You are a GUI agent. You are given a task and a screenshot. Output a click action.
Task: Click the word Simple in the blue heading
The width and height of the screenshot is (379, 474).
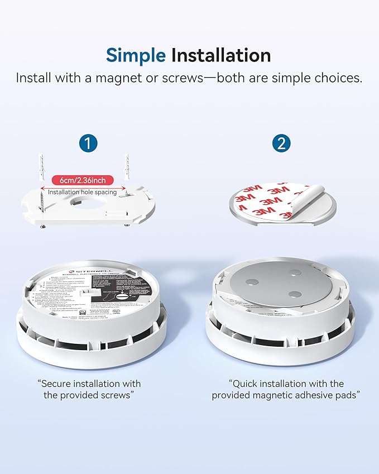pos(136,55)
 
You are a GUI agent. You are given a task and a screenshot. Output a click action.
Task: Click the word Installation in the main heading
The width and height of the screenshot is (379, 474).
pos(221,55)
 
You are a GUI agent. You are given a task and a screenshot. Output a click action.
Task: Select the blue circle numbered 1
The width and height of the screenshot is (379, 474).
pos(88,143)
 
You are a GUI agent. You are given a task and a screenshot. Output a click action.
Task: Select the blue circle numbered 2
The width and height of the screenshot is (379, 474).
pos(282,143)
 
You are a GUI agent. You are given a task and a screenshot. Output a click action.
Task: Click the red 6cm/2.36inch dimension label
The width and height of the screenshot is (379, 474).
pos(82,180)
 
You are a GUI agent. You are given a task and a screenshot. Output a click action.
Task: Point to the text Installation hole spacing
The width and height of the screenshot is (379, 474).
pos(82,192)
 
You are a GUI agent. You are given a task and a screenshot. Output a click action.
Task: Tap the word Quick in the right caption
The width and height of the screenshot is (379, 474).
pos(246,384)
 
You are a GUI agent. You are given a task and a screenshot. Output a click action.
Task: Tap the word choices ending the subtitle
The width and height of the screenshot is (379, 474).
pos(338,78)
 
